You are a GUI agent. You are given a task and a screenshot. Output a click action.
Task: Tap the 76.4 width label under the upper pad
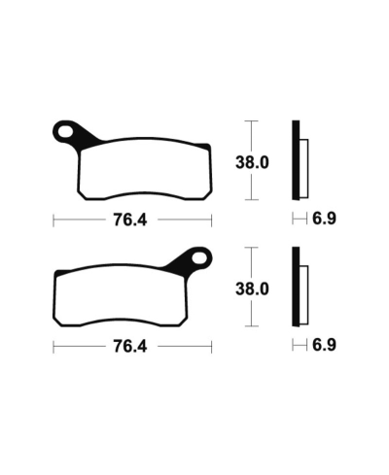click(x=129, y=220)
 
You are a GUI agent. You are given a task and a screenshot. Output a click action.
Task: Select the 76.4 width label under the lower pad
click(x=129, y=346)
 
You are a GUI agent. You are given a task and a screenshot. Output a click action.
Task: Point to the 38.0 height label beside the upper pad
click(x=253, y=162)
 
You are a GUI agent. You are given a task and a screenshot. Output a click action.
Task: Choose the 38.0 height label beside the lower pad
click(x=253, y=288)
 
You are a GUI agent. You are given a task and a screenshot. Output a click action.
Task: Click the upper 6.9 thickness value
click(x=323, y=220)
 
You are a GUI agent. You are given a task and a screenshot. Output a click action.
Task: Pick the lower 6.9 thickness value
click(x=323, y=346)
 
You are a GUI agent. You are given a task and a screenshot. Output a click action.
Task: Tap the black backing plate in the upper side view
click(x=297, y=159)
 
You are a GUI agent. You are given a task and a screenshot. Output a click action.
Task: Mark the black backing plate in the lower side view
click(x=297, y=286)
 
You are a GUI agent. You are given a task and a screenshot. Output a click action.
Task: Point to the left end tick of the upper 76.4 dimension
click(x=53, y=220)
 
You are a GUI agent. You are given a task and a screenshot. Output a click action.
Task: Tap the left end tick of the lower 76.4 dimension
click(x=53, y=346)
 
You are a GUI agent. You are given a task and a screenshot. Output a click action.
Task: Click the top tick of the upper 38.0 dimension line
click(x=253, y=121)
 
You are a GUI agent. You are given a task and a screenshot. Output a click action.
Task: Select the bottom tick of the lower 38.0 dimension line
click(x=253, y=325)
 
